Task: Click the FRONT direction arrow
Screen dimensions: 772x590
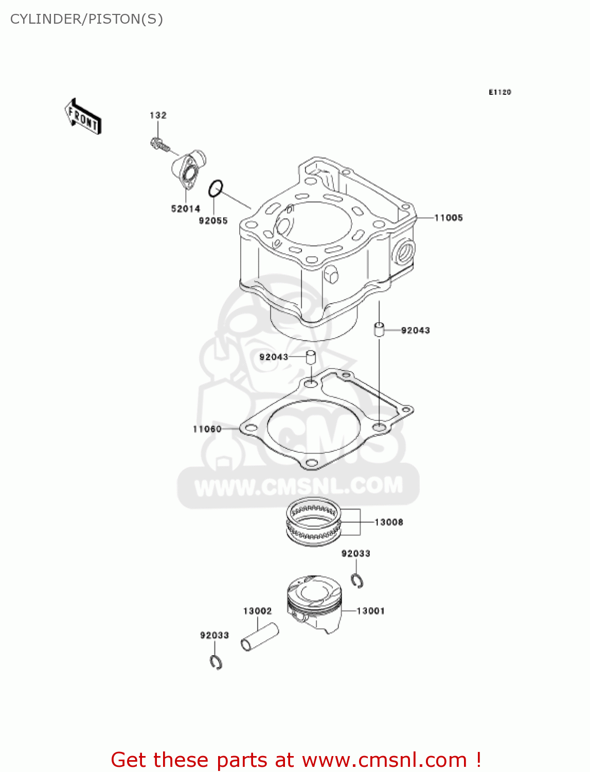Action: [x=83, y=117]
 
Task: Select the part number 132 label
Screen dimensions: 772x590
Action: [x=158, y=115]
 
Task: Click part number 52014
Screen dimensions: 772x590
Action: [x=185, y=208]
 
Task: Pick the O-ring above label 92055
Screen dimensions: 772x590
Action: [x=216, y=188]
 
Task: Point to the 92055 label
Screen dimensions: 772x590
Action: [x=213, y=221]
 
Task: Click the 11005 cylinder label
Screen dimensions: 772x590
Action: [x=448, y=218]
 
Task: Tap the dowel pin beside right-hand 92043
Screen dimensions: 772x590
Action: [x=379, y=329]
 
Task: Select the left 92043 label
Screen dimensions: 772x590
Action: [x=274, y=357]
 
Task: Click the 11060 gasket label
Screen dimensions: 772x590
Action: [x=207, y=429]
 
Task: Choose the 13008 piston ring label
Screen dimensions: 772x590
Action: [x=388, y=522]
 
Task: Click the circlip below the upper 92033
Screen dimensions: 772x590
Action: [x=357, y=580]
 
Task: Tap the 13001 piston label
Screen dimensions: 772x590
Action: [x=370, y=611]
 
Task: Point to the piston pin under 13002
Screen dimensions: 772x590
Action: [x=260, y=637]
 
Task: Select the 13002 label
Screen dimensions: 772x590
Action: [x=257, y=611]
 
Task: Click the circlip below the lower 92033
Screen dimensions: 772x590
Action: [x=216, y=662]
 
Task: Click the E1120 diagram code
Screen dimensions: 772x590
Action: [x=499, y=92]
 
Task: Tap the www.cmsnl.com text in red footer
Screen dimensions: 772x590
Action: [x=383, y=760]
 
